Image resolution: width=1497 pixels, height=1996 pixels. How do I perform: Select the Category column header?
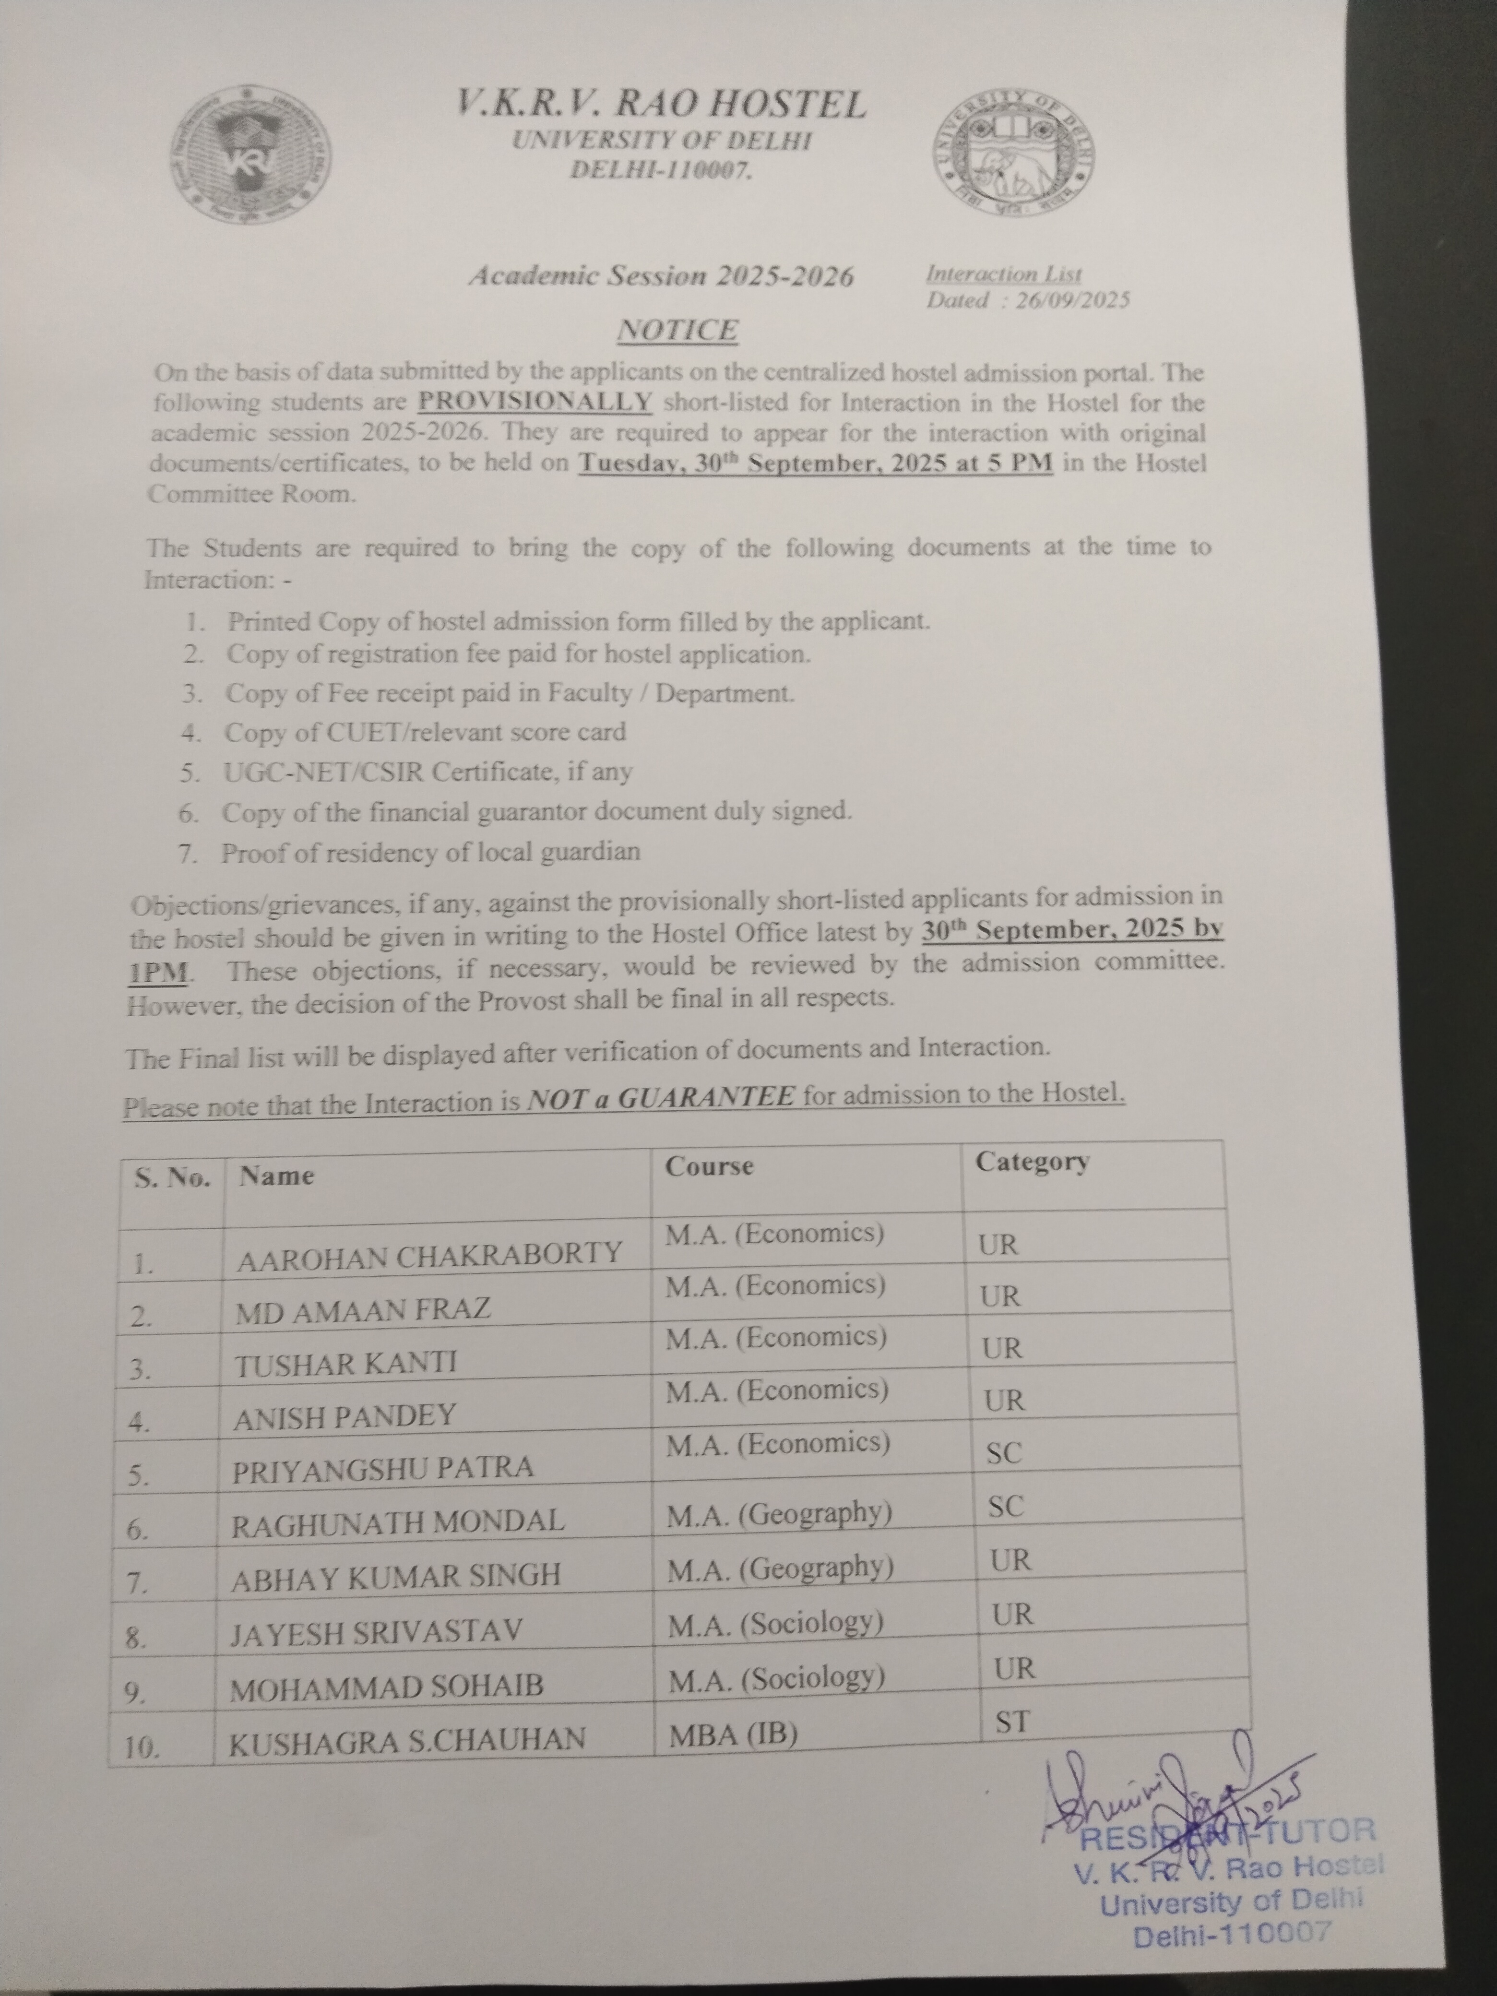click(x=1032, y=1161)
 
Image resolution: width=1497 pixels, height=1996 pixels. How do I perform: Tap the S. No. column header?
click(x=172, y=1177)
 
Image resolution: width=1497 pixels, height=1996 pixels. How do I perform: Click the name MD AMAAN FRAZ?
click(x=364, y=1310)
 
